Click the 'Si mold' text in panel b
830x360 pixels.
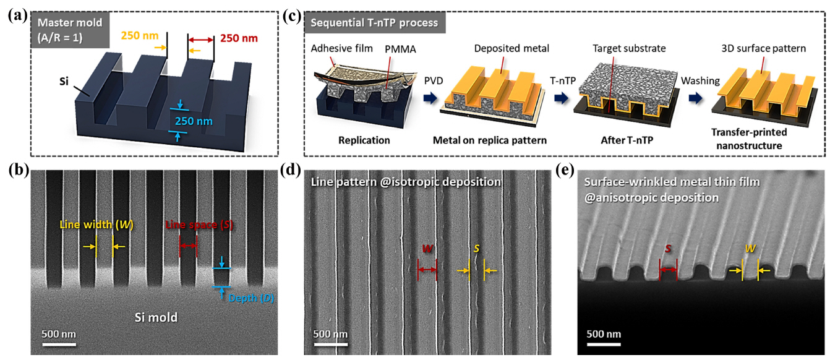156,317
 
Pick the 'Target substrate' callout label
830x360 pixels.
625,48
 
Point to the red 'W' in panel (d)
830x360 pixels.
427,249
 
